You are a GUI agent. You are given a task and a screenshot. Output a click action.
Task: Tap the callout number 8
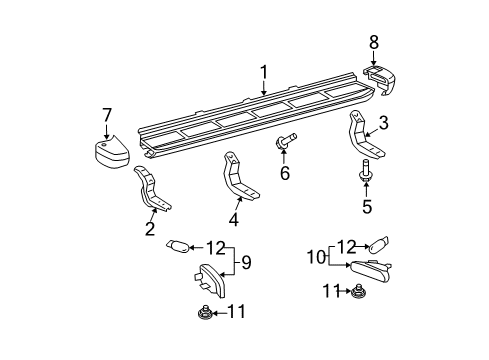pos(374,43)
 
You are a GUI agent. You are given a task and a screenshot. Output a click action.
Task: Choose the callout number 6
pos(284,174)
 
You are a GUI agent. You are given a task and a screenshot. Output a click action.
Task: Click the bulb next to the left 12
pos(180,246)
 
